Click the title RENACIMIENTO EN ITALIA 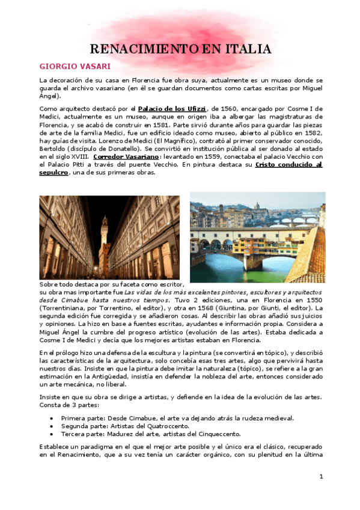[180, 49]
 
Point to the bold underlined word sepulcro [54, 173]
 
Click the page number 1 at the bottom [322, 477]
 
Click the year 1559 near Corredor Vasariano [221, 156]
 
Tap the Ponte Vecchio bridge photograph [257, 238]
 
